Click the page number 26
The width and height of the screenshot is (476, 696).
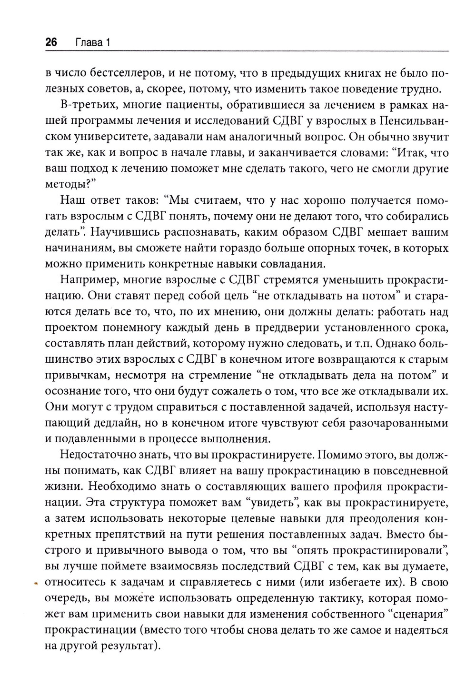[51, 43]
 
